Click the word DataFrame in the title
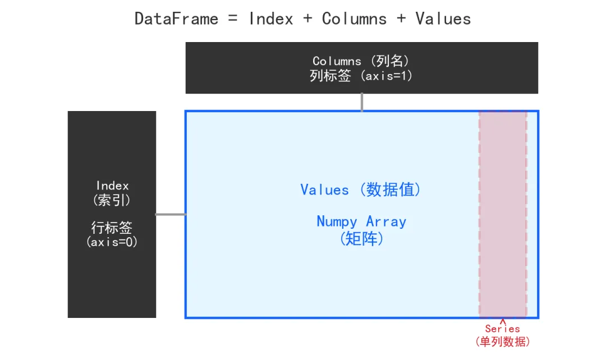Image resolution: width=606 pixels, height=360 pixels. pos(176,19)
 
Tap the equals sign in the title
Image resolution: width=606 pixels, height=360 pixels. pos(233,19)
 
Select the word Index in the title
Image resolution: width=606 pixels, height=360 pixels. pos(271,19)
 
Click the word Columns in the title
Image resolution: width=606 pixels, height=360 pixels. pos(354,19)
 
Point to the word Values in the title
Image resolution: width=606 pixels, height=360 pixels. pos(443,19)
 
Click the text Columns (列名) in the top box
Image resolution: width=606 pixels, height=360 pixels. pos(361,61)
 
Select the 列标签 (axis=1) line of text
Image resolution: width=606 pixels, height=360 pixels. pos(361,76)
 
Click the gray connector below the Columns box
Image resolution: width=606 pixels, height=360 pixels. pos(362,102)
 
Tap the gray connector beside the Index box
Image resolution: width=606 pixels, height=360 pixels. pos(171,214)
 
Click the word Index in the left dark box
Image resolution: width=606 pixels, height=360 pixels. pos(112,186)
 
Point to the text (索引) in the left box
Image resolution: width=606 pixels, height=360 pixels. pos(112,200)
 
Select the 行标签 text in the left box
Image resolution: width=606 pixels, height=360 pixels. pos(112,228)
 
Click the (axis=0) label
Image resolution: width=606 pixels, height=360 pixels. pos(112,242)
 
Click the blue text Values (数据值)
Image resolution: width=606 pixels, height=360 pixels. pos(361,190)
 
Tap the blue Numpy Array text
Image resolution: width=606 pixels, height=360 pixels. pos(361,221)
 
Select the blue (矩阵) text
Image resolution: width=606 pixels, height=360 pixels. pos(361,239)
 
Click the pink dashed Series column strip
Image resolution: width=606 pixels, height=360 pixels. pos(503,213)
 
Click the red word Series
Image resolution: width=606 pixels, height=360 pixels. pos(502,329)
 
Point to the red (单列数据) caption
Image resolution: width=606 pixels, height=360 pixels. pos(502,341)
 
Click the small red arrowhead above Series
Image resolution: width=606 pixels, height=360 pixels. pos(502,321)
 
